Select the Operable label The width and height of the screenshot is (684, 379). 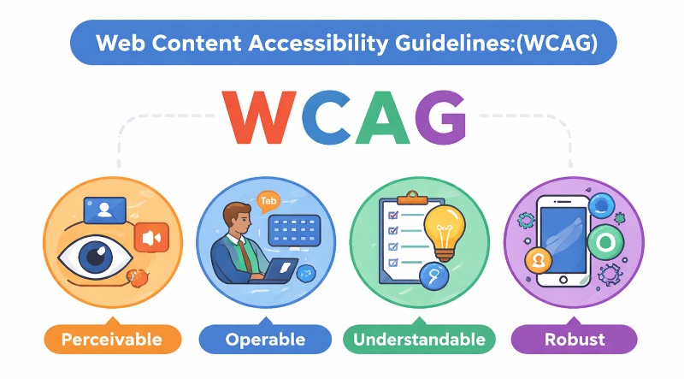coord(264,340)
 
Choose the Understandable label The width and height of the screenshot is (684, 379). coord(420,340)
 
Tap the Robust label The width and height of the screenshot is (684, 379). coord(575,340)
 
